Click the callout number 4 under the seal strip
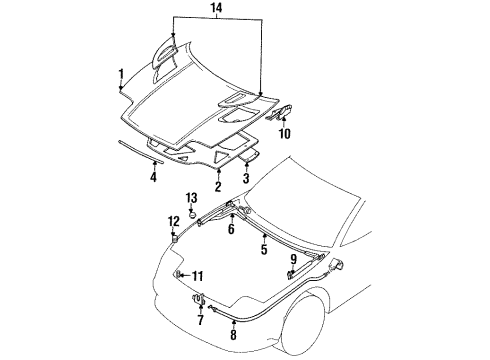153,178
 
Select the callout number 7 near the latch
199,321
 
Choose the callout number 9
293,259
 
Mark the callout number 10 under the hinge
284,133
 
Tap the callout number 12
174,249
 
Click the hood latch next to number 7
199,297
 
